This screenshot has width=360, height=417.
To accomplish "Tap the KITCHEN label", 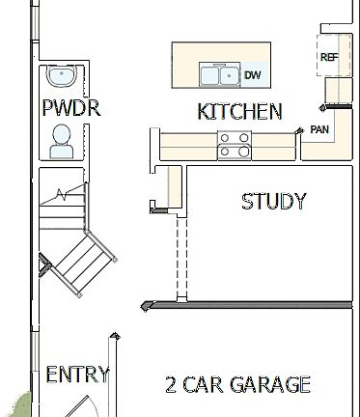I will (x=239, y=111).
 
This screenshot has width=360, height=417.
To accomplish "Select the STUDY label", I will (x=274, y=202).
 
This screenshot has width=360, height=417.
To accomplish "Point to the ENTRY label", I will (x=77, y=375).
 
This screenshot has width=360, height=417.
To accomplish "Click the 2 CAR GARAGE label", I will (x=237, y=384).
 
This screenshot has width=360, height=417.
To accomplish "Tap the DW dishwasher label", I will (x=253, y=75).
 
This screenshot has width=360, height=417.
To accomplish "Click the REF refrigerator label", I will (x=328, y=57).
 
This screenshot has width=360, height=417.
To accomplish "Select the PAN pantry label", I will (x=319, y=129).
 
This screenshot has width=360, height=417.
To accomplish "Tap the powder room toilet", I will (x=63, y=141).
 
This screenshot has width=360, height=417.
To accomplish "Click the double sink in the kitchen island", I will (x=219, y=74).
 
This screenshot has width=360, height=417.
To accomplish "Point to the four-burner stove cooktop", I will (x=235, y=144).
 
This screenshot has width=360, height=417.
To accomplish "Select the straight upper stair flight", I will (x=63, y=202).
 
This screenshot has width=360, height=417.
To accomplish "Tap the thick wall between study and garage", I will (x=251, y=304).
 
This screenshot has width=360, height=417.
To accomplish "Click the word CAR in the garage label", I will (x=201, y=384).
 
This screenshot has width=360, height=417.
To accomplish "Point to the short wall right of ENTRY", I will (x=114, y=372).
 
